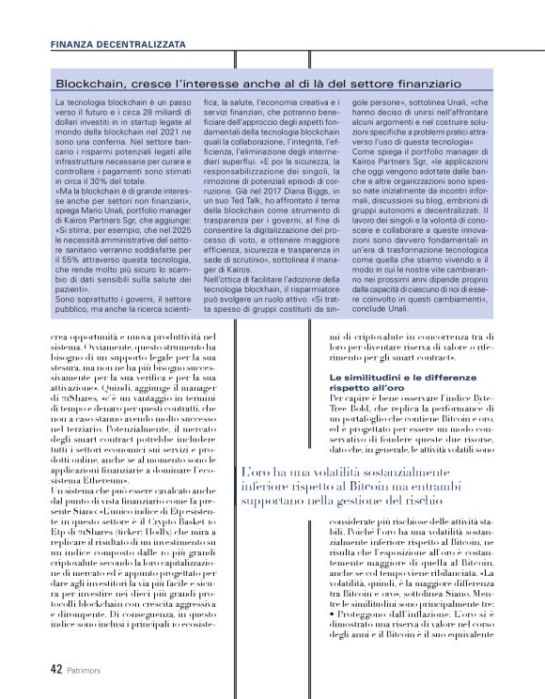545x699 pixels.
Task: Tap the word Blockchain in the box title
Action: [86, 84]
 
